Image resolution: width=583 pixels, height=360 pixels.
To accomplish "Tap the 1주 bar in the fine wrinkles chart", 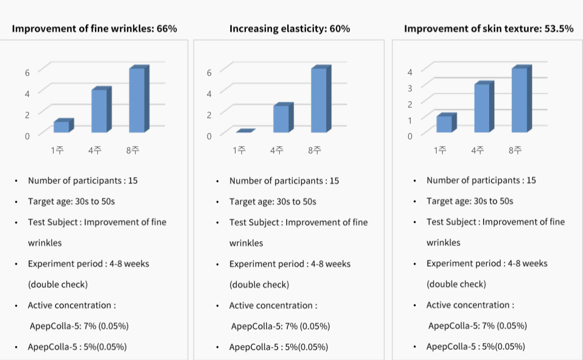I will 61,127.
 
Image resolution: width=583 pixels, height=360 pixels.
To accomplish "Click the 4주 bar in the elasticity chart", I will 281,119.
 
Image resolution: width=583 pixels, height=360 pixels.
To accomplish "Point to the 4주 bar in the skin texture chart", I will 482,108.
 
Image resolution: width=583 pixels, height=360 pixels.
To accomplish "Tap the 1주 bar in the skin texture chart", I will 444,124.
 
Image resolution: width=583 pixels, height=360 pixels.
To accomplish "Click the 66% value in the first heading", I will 167,29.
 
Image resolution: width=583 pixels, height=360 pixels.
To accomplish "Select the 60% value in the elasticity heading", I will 340,29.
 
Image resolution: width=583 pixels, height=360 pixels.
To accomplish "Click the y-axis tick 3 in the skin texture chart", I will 410,87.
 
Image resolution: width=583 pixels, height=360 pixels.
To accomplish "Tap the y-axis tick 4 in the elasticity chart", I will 209,93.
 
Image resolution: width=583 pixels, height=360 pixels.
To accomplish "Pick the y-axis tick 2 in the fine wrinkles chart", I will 27,114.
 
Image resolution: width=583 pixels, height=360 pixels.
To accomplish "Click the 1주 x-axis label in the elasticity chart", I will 239,150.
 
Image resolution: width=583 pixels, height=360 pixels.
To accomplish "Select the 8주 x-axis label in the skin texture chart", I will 515,150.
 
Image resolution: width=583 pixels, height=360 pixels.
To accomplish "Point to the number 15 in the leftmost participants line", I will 133,181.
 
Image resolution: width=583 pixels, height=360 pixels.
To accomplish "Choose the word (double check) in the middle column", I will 260,284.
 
